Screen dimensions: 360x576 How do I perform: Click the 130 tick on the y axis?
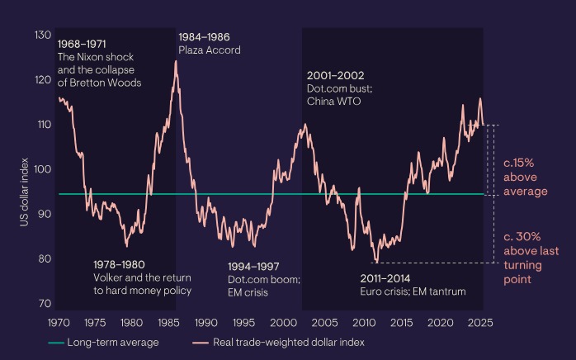tap(42, 36)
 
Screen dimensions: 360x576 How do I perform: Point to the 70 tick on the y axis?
tap(44, 303)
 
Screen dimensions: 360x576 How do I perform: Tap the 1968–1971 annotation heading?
tap(82, 43)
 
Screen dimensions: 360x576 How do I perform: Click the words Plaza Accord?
tap(210, 50)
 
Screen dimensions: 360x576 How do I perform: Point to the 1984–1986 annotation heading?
tap(204, 37)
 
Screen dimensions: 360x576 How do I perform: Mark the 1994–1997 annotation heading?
tap(254, 267)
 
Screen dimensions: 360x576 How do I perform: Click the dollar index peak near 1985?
tap(175, 61)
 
